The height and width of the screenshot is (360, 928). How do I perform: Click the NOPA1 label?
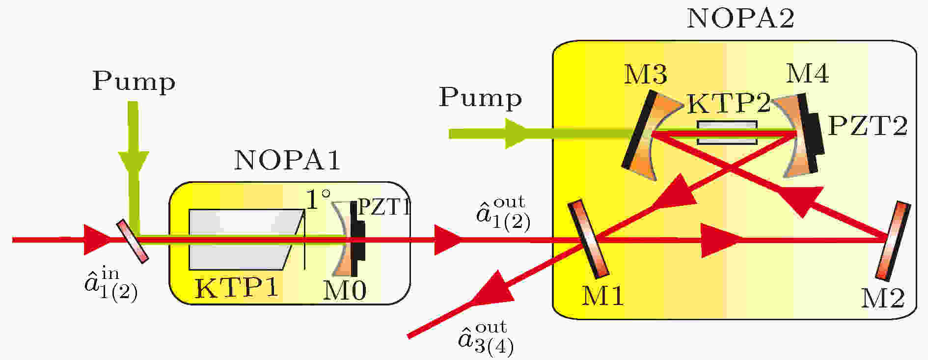click(x=287, y=160)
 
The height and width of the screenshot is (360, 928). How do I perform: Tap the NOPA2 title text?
click(x=740, y=18)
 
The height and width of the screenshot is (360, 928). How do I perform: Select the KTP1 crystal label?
click(x=237, y=288)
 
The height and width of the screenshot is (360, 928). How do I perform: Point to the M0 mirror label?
click(x=345, y=291)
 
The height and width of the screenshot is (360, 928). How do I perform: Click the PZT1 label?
click(x=382, y=208)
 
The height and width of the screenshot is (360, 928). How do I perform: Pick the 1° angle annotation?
click(x=319, y=199)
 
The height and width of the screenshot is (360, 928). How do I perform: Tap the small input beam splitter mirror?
click(x=132, y=241)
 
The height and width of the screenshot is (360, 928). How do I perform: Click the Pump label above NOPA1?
click(x=134, y=82)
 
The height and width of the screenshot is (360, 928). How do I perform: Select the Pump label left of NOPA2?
click(x=480, y=98)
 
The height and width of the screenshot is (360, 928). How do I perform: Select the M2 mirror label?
click(x=883, y=298)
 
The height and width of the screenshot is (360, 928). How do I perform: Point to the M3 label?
click(x=645, y=75)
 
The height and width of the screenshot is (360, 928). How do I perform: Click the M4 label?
click(x=807, y=73)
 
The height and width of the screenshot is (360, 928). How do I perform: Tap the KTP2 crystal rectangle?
click(x=727, y=133)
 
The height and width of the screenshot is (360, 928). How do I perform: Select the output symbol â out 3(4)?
click(x=486, y=338)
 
